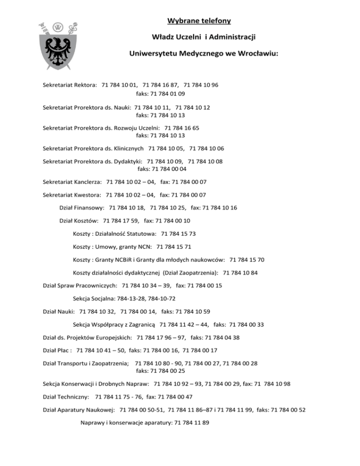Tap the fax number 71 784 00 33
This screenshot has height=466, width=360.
(x=247, y=324)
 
